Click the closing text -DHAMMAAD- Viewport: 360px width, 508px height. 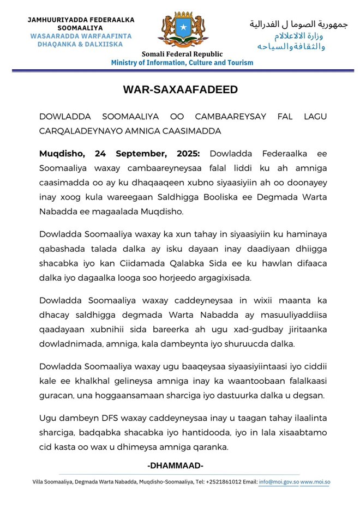coord(176,465)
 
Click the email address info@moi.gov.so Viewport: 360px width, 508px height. coord(278,482)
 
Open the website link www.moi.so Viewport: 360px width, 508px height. coord(315,482)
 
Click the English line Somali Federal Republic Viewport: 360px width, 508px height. coord(182,54)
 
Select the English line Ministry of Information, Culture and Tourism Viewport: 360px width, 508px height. coord(182,63)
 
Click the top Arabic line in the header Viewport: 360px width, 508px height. coord(298,24)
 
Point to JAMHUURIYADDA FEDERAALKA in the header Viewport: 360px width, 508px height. coord(81,20)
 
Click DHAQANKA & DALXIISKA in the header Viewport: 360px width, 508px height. coord(80,44)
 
